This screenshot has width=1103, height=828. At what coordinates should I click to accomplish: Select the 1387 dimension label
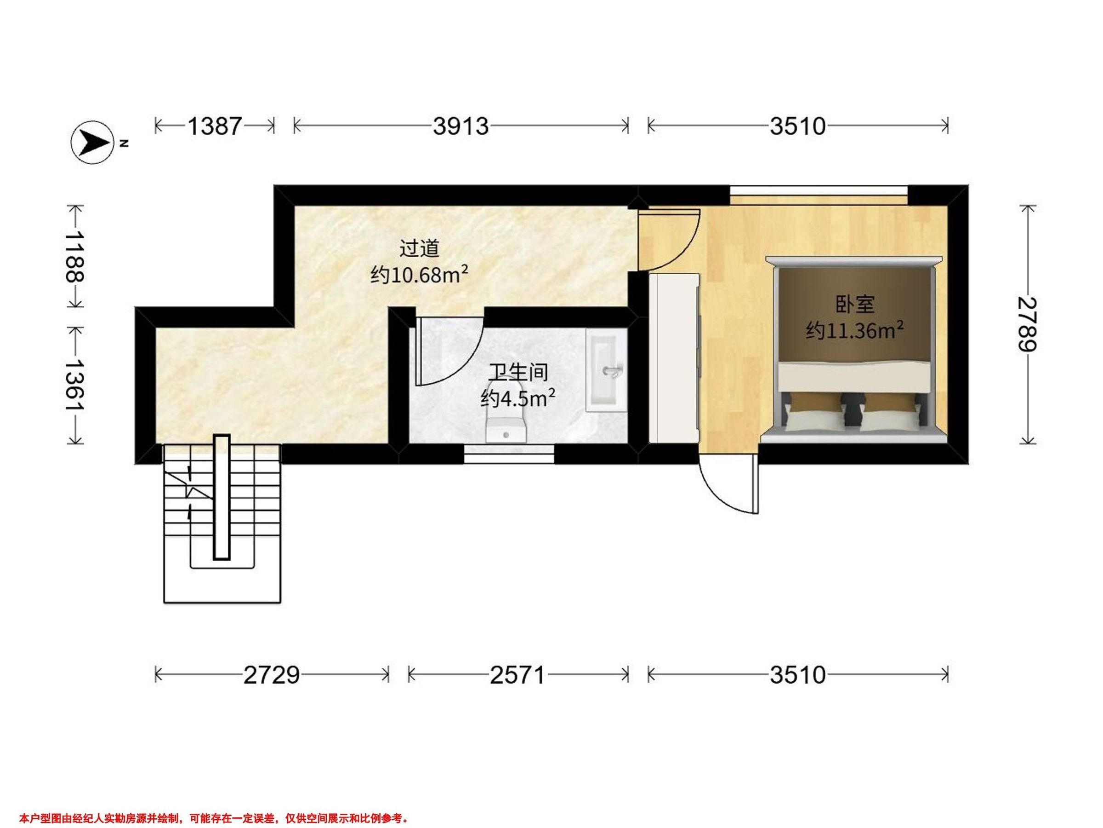[x=215, y=126]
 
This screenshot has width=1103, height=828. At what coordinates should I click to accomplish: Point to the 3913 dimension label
[x=461, y=126]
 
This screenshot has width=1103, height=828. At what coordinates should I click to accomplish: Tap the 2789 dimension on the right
[x=1027, y=324]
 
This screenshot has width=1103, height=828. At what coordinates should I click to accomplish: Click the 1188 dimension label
[x=75, y=256]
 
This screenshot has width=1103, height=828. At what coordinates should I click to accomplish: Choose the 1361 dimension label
[x=75, y=385]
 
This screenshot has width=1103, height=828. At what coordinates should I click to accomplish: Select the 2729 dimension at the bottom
[x=272, y=675]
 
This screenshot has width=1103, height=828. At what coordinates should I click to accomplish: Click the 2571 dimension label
[x=517, y=675]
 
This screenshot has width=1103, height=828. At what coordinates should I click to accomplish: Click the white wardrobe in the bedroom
[x=674, y=358]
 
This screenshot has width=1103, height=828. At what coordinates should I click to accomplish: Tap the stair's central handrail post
[x=222, y=497]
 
